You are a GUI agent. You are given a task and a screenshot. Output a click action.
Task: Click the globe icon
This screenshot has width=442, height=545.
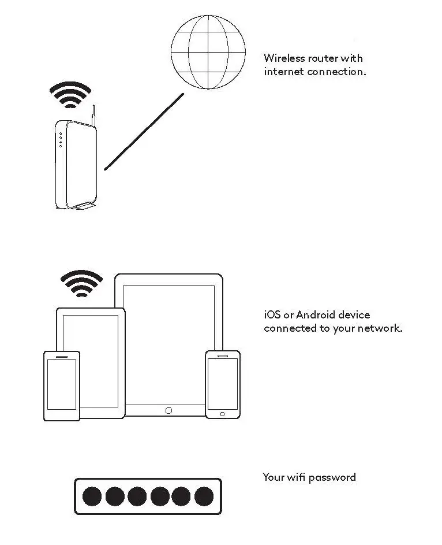click(208, 53)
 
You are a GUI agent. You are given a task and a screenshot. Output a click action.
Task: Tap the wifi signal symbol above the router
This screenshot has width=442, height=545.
click(70, 95)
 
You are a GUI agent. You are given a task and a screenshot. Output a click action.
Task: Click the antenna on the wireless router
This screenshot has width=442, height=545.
click(93, 116)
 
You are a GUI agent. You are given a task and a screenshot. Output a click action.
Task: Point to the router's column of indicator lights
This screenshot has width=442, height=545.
click(60, 140)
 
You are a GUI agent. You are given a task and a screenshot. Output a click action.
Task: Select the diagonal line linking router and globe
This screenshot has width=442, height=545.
click(144, 131)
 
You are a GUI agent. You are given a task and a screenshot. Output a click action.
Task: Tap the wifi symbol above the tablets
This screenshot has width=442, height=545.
click(82, 283)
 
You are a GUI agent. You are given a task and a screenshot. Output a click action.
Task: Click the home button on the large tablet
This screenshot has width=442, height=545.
click(168, 410)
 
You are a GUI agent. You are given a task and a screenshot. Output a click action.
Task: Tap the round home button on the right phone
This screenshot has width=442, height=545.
click(223, 414)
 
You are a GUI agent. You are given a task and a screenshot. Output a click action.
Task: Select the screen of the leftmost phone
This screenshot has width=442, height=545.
click(62, 384)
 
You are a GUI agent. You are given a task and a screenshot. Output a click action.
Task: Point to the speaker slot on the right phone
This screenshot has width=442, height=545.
click(223, 355)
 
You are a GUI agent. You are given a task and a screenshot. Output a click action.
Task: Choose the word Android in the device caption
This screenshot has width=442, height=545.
click(316, 315)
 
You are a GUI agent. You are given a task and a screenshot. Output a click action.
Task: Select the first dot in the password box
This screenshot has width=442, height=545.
click(92, 496)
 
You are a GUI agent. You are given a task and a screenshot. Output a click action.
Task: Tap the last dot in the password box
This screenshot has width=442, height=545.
click(204, 496)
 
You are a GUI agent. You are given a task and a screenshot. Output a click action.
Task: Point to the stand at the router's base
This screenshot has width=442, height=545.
click(85, 205)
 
